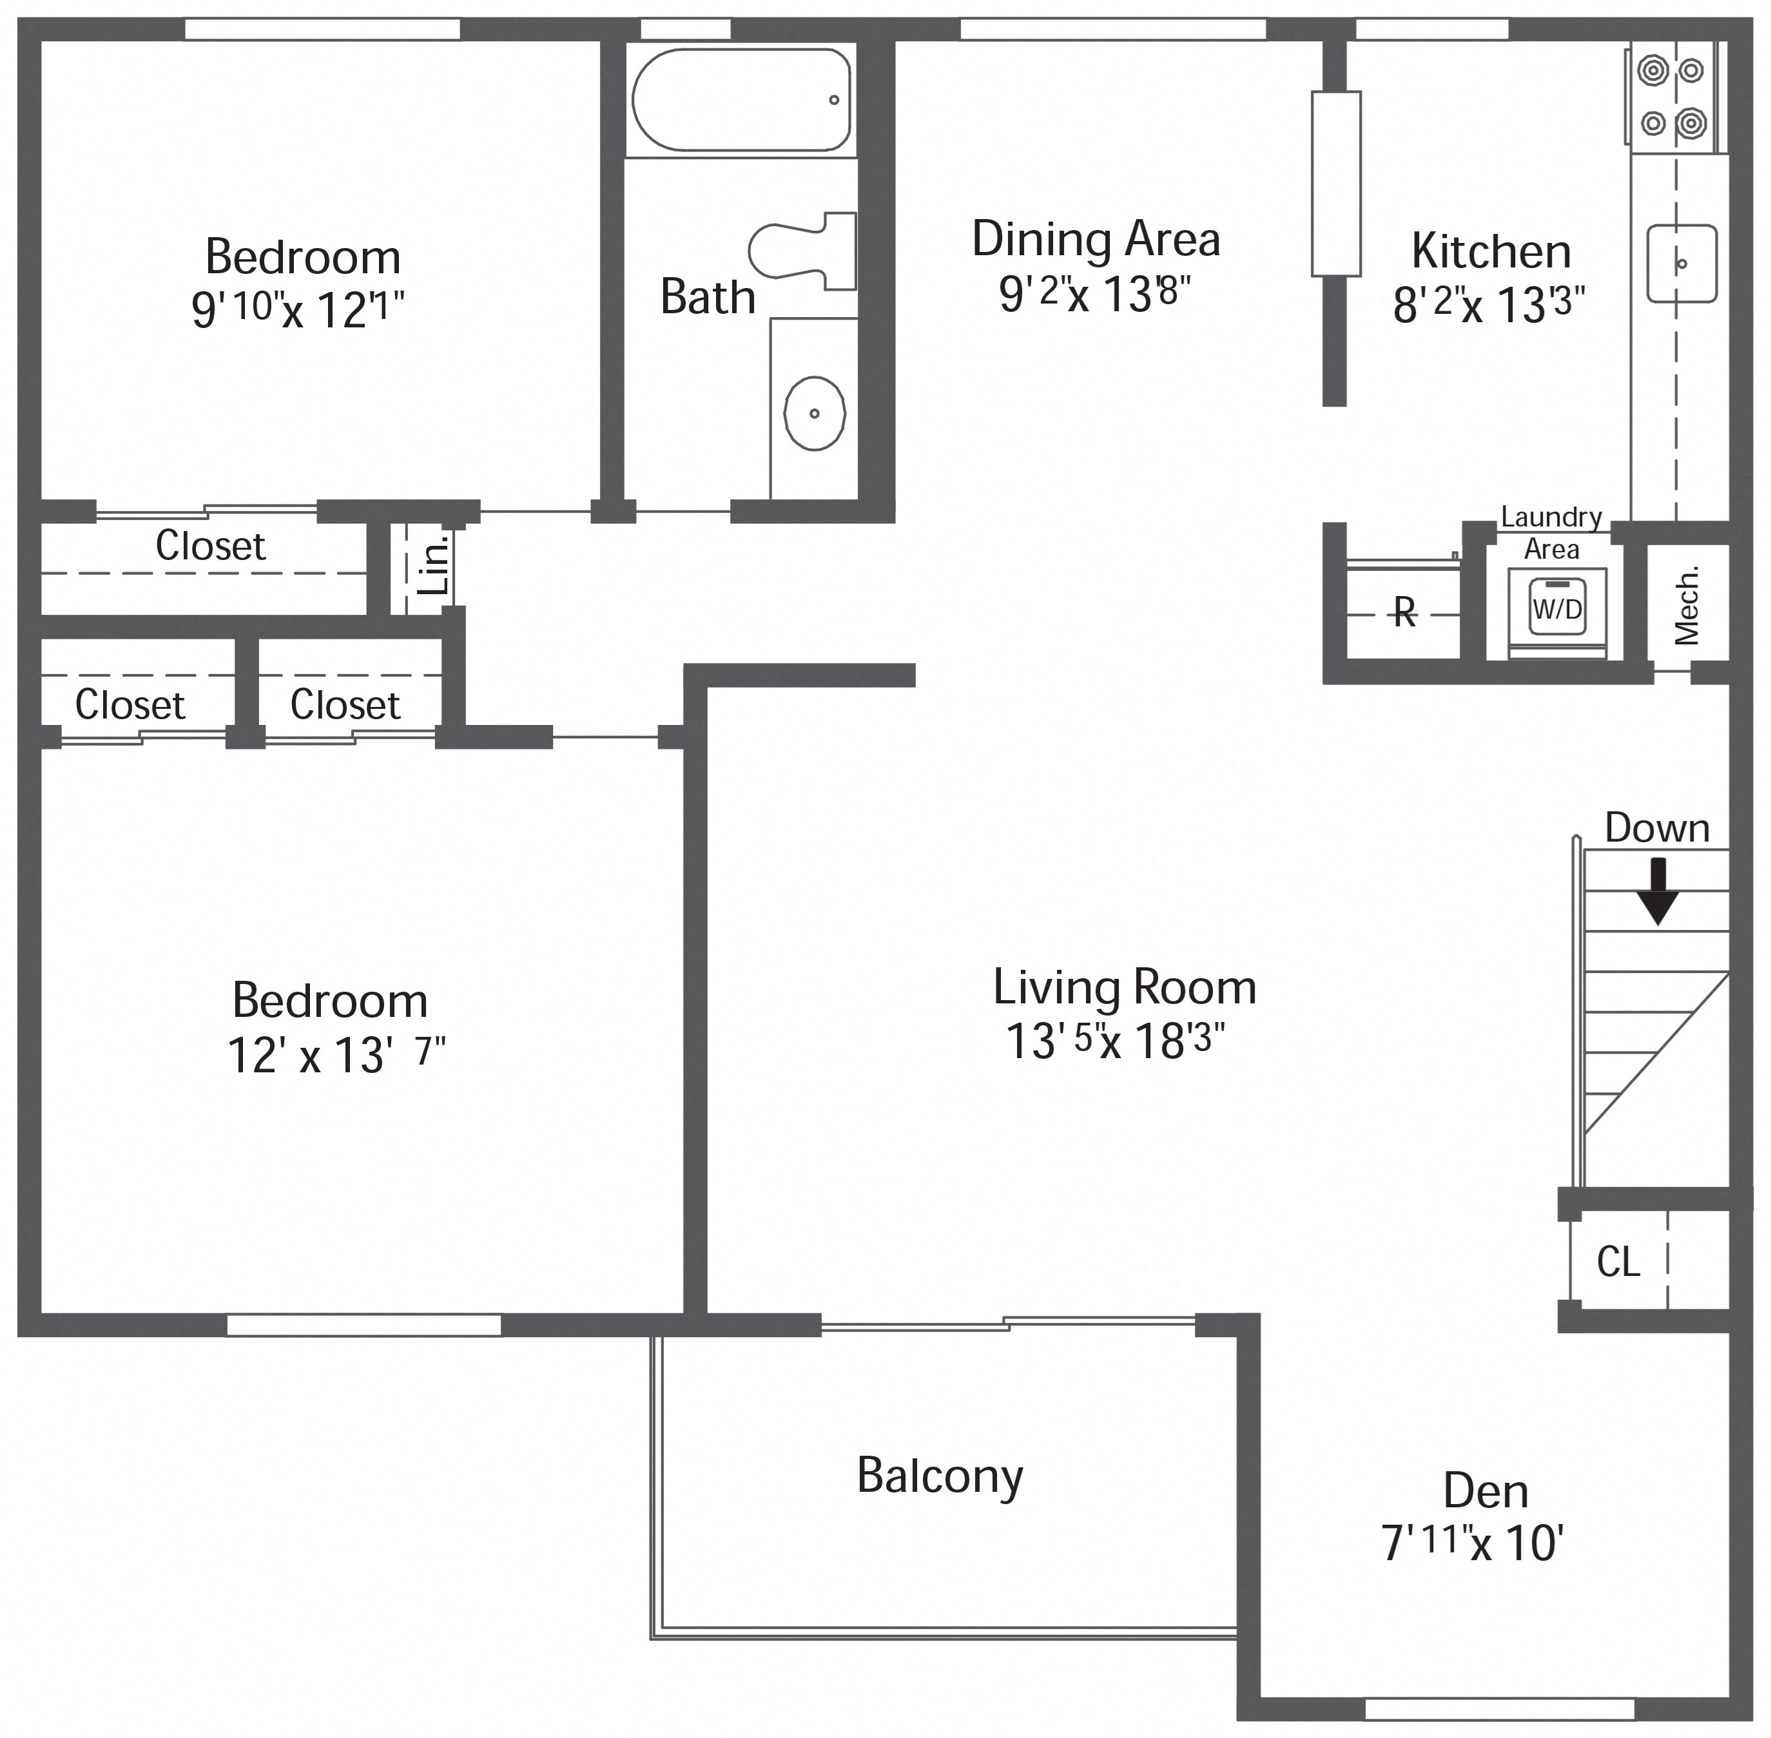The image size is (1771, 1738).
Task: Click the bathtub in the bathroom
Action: pos(740,99)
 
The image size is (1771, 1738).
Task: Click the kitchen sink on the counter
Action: pos(1681,264)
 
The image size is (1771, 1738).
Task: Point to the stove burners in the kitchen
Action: pos(1672,97)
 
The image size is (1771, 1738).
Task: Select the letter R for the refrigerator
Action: pos(1405,613)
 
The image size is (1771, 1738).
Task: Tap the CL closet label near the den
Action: pos(1618,1263)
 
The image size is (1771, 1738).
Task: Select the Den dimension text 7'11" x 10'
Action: pos(1473,1545)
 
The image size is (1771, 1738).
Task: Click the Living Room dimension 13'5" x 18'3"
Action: pos(1115,1041)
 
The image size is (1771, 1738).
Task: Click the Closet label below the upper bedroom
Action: pos(210,546)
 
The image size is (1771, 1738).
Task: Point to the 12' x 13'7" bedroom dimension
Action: pos(335,1055)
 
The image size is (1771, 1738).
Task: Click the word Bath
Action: pos(708,298)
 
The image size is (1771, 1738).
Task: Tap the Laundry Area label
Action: pos(1551,533)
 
